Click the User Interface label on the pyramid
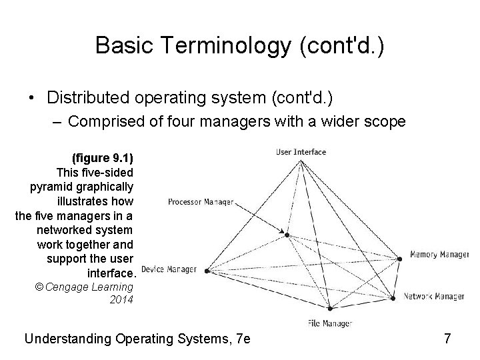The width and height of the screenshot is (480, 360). pyautogui.click(x=301, y=152)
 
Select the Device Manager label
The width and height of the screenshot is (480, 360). pyautogui.click(x=169, y=270)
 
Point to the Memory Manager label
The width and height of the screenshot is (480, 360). pyautogui.click(x=439, y=255)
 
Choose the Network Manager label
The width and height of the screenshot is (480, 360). pyautogui.click(x=434, y=296)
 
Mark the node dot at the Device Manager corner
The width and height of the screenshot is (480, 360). pyautogui.click(x=207, y=271)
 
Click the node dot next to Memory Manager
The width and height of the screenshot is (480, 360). pyautogui.click(x=401, y=259)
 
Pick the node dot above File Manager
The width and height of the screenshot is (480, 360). pyautogui.click(x=330, y=309)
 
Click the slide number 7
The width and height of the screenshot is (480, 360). pyautogui.click(x=447, y=339)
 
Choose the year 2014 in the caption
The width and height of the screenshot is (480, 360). pyautogui.click(x=121, y=299)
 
